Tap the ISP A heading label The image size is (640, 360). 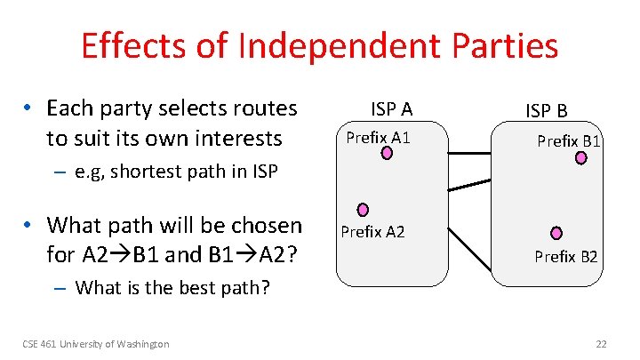pyautogui.click(x=391, y=109)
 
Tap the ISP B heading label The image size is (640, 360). pyautogui.click(x=547, y=111)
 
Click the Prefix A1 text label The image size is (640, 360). pyautogui.click(x=378, y=138)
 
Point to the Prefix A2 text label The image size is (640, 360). pyautogui.click(x=372, y=232)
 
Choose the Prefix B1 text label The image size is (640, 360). pyautogui.click(x=568, y=141)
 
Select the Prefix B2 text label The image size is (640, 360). pyautogui.click(x=566, y=257)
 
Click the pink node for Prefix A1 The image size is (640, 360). pyautogui.click(x=388, y=154)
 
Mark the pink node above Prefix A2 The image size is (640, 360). pyautogui.click(x=363, y=211)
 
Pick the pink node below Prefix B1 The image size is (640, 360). pyautogui.click(x=581, y=158)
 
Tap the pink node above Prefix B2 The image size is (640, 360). pyautogui.click(x=556, y=233)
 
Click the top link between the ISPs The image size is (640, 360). pyautogui.click(x=469, y=154)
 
